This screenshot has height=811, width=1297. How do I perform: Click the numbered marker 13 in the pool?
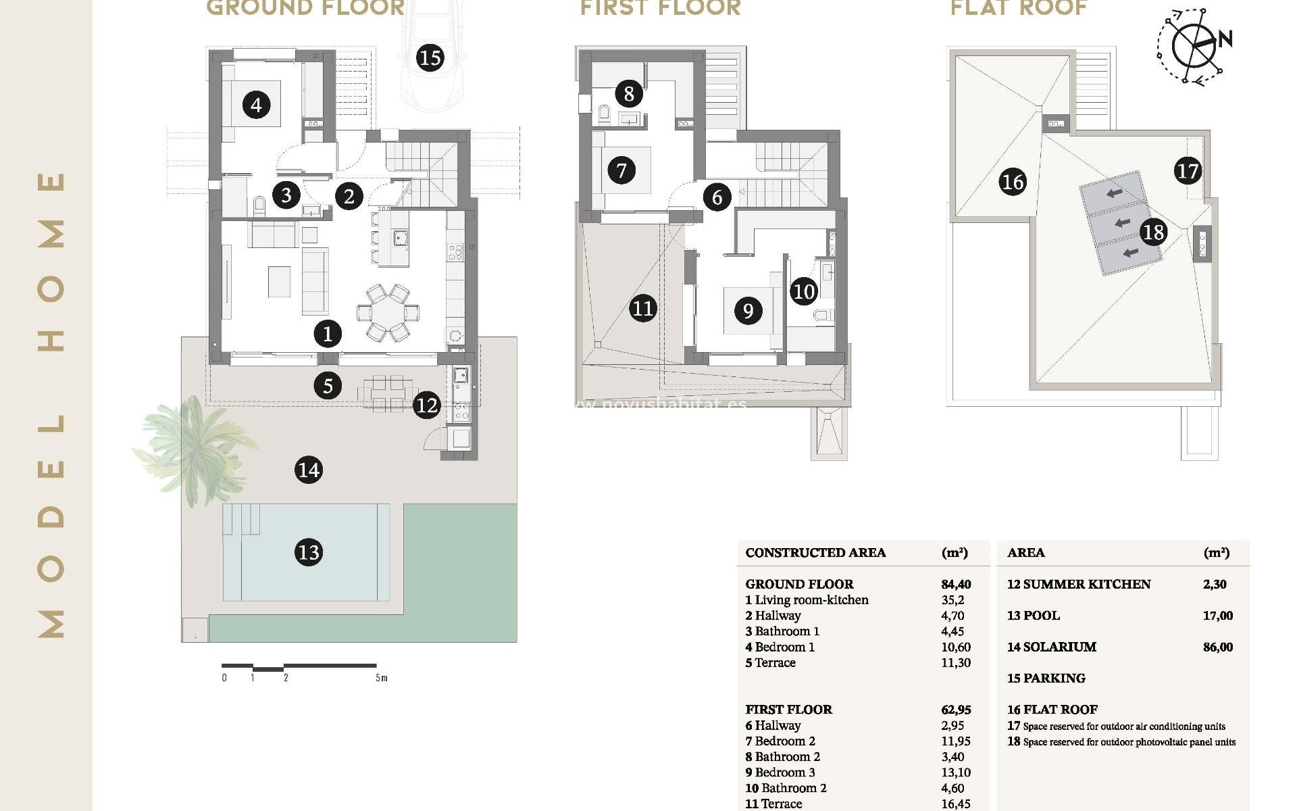click(309, 552)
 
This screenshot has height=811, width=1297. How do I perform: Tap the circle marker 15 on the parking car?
click(430, 57)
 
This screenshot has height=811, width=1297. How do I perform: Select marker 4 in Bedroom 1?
click(256, 105)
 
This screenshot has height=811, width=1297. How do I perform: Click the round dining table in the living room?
click(388, 312)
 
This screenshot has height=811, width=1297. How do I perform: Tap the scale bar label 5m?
click(382, 678)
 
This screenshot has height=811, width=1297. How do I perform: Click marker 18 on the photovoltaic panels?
click(1153, 232)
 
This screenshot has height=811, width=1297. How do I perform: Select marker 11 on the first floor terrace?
click(642, 308)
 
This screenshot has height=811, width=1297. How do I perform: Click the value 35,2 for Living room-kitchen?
click(952, 599)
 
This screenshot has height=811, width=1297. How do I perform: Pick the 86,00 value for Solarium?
click(1217, 647)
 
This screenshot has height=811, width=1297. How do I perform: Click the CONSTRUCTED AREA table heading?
click(815, 552)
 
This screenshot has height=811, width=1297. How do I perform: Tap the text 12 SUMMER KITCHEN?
click(1078, 584)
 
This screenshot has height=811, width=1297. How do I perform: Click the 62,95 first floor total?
click(955, 710)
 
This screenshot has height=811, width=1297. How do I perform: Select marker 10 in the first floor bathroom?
click(804, 291)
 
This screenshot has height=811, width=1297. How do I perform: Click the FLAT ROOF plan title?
click(1019, 8)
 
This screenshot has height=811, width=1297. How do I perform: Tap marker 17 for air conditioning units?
click(1187, 170)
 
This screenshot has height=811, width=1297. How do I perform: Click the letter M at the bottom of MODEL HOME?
click(51, 623)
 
